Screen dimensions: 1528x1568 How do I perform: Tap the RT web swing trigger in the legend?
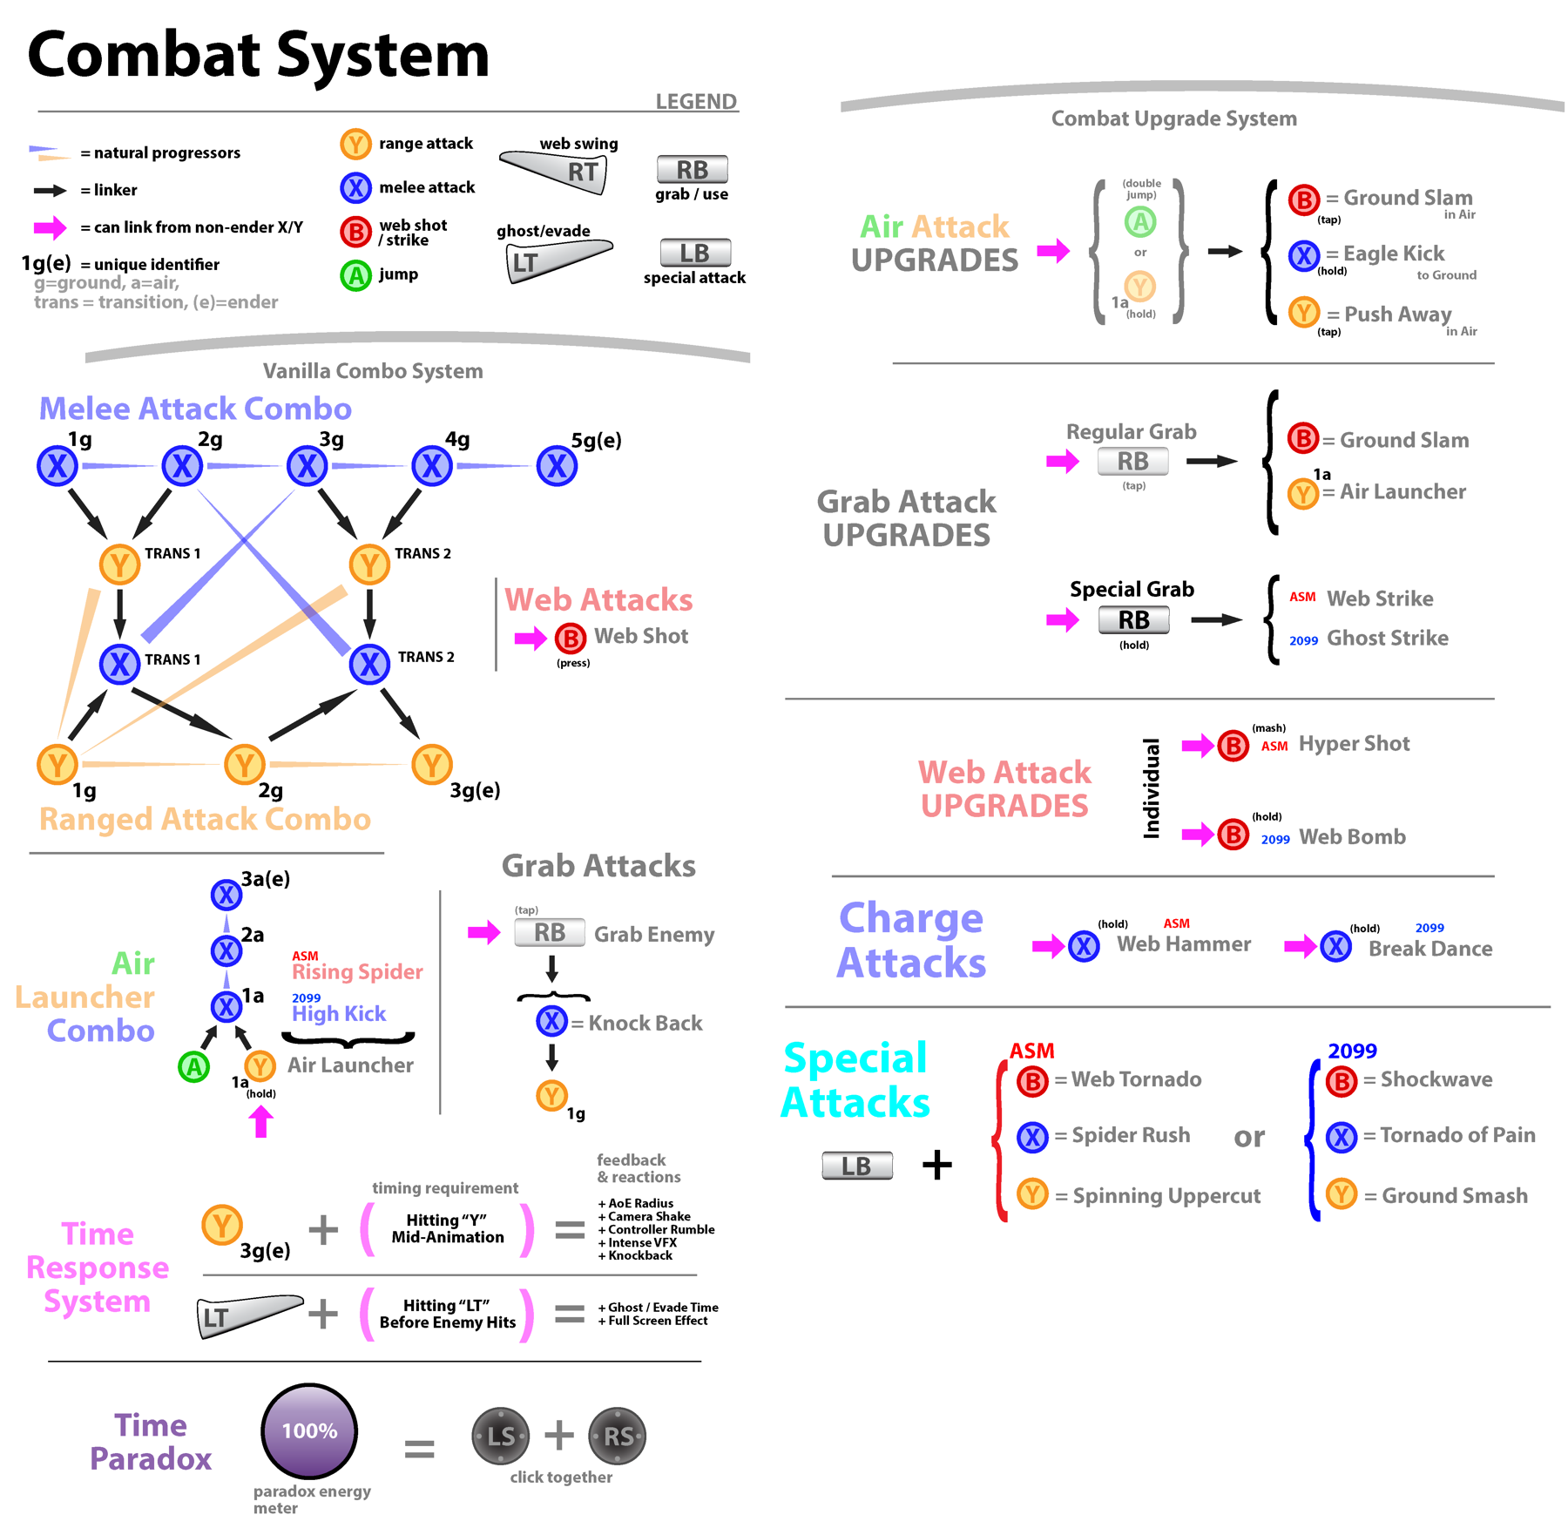click(558, 169)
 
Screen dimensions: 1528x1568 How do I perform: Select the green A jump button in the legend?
click(355, 276)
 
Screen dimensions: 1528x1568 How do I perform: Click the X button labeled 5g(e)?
click(557, 466)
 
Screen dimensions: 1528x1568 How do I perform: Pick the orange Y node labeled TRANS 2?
click(369, 565)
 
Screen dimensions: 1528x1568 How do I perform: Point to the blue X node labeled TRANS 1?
click(119, 664)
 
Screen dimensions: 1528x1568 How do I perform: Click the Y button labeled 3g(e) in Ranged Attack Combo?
click(432, 765)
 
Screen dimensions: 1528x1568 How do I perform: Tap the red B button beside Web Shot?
click(570, 639)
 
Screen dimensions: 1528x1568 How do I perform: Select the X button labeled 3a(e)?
click(226, 895)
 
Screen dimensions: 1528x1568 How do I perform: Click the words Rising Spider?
click(357, 972)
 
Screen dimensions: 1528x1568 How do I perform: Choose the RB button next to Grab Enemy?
click(549, 933)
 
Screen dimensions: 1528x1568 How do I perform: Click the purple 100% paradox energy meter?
click(309, 1430)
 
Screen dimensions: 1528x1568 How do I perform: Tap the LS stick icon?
click(501, 1436)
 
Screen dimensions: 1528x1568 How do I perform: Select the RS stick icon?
click(618, 1436)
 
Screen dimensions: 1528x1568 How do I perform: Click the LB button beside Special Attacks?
click(857, 1166)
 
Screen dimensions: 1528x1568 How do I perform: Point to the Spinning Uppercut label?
click(1166, 1196)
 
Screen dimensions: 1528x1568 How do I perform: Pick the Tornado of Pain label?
click(1457, 1135)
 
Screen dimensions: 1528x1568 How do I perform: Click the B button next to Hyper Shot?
click(1233, 746)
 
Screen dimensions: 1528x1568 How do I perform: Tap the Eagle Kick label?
click(1394, 254)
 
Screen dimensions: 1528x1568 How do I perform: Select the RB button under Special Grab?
click(1133, 620)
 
